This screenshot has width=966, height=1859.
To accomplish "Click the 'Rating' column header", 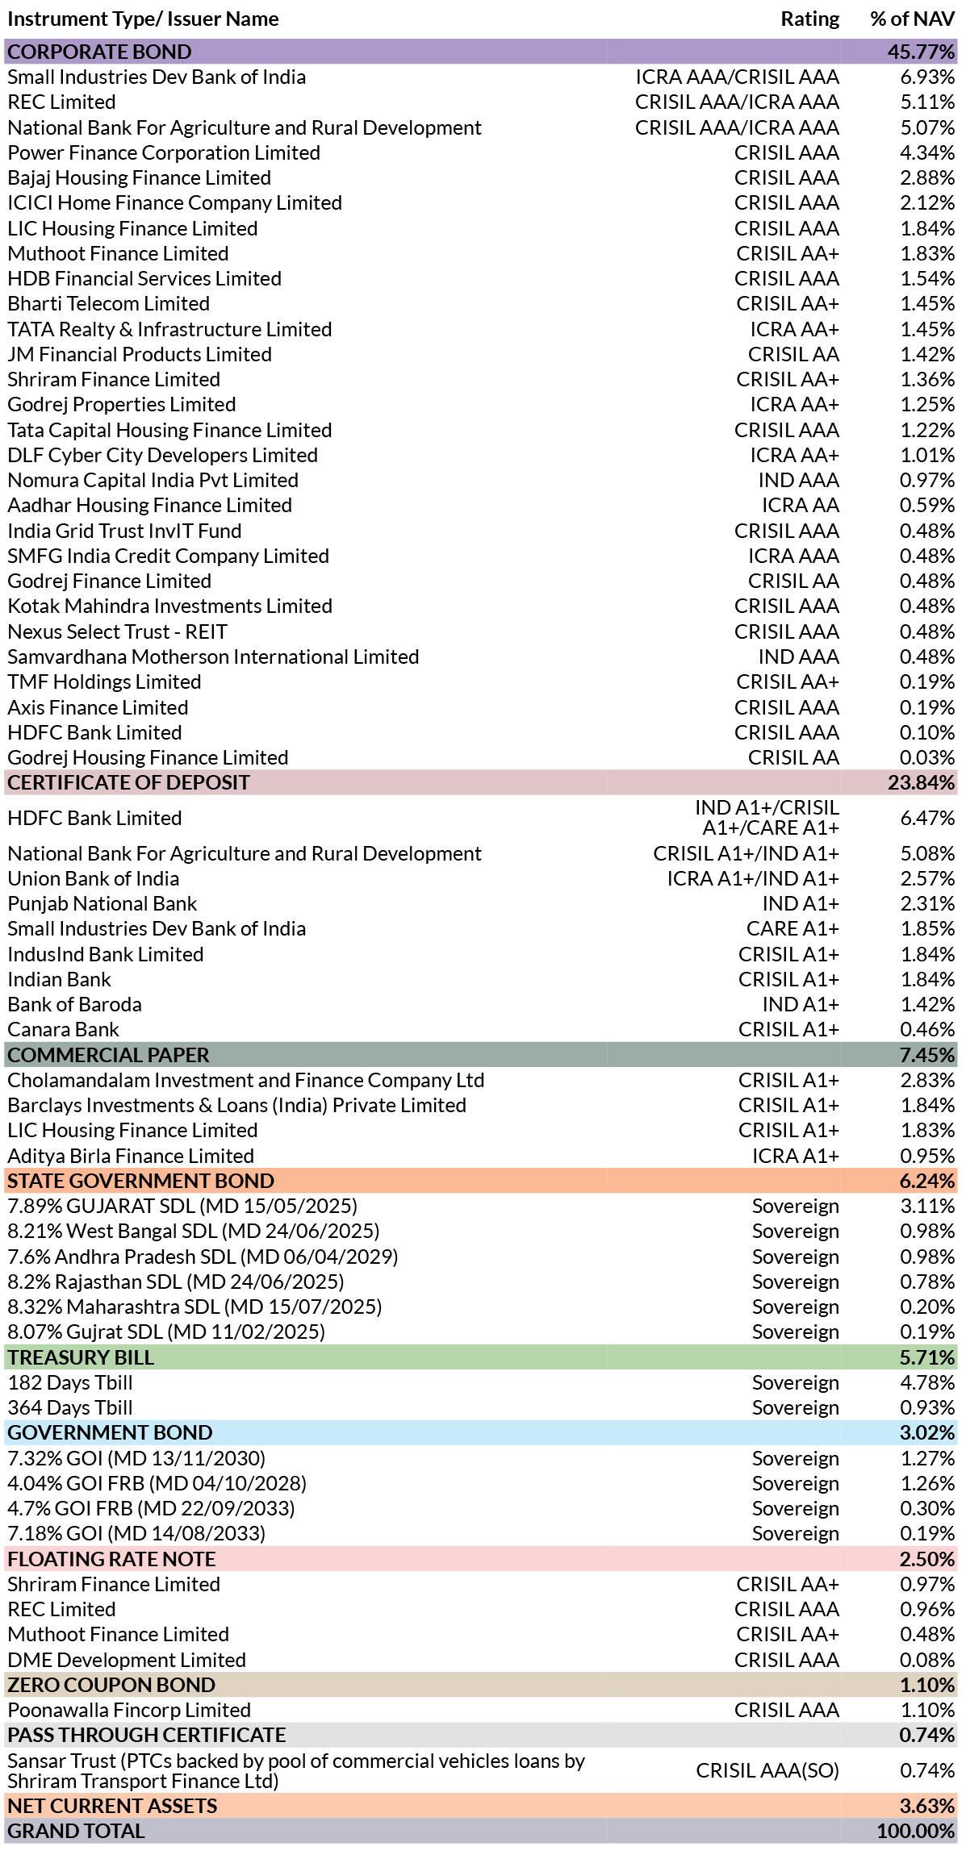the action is [x=809, y=19].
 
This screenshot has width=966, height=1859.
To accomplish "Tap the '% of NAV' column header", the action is [x=912, y=19].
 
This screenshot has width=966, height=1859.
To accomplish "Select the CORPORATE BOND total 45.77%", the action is [x=921, y=52].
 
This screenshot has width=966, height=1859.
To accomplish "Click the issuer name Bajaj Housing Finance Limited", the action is [x=139, y=177].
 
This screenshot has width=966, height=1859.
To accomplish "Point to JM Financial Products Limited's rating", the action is [x=793, y=354].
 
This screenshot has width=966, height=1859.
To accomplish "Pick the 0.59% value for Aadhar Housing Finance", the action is [x=927, y=505].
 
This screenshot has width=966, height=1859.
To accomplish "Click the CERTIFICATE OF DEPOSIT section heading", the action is [x=128, y=782].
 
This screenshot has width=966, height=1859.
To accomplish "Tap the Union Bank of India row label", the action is [x=93, y=878].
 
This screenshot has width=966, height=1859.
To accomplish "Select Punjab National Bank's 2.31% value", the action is [x=927, y=903].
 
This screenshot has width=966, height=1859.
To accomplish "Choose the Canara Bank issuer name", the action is [x=63, y=1029].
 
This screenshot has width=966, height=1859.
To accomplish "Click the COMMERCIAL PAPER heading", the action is [x=108, y=1055].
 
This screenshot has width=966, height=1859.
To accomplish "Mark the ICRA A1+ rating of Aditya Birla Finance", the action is [x=796, y=1156].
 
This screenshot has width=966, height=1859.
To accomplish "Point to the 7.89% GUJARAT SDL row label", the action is [x=182, y=1206].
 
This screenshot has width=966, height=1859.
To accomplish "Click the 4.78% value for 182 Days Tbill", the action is [x=927, y=1382].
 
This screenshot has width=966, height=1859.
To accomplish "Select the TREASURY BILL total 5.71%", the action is [x=927, y=1357].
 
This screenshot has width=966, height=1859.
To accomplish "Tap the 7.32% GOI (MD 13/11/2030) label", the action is [x=136, y=1458].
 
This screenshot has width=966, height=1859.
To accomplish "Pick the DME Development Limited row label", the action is [x=127, y=1660].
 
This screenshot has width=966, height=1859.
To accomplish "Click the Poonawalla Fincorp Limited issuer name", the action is [x=129, y=1710].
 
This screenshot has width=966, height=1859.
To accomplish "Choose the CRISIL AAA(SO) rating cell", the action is [x=767, y=1770].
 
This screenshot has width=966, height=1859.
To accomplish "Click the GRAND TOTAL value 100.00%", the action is [x=915, y=1831].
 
